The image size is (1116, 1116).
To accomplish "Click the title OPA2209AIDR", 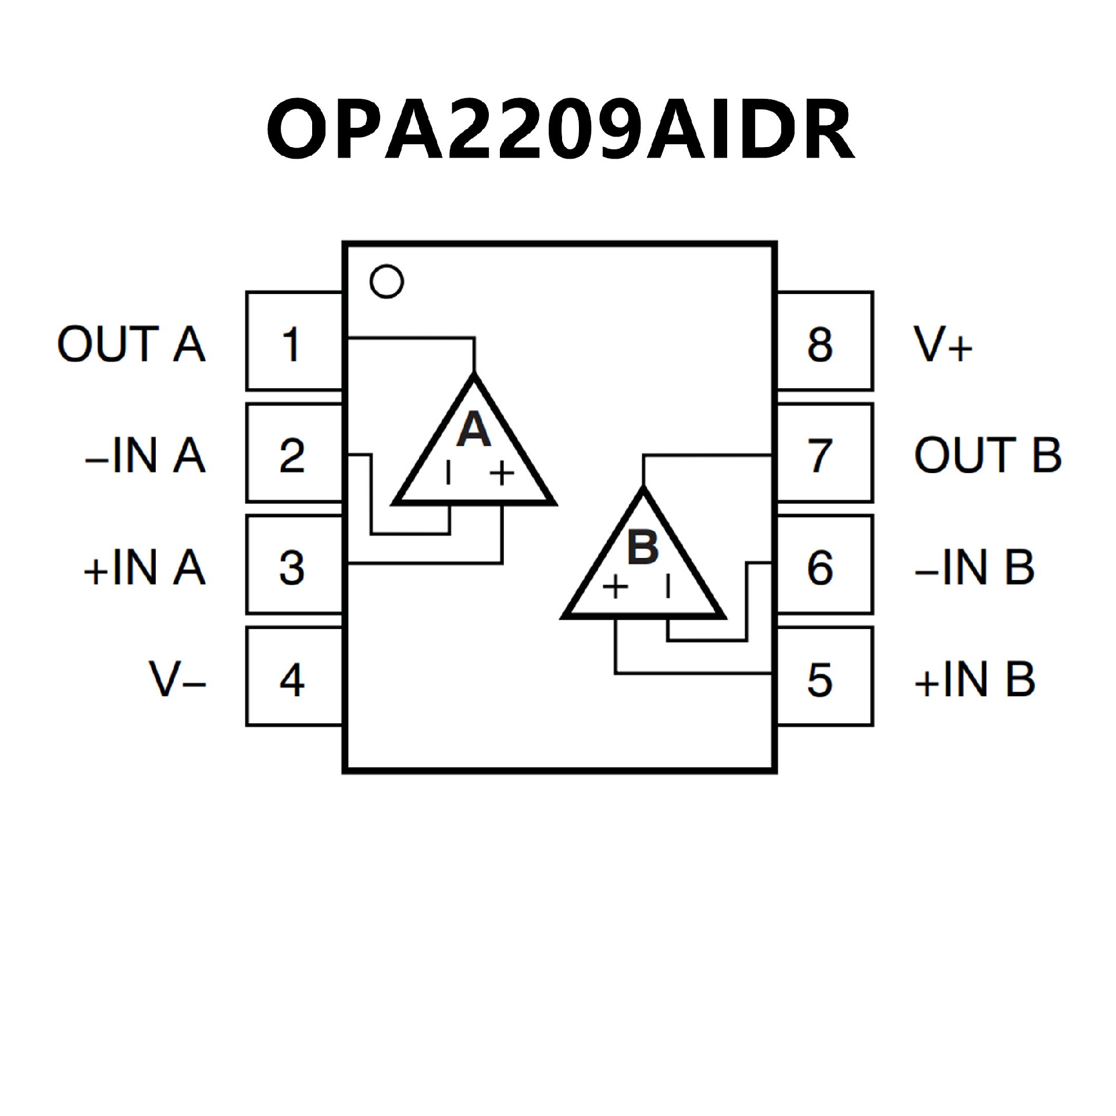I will click(x=560, y=129).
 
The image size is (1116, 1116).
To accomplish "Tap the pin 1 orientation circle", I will click(x=387, y=282).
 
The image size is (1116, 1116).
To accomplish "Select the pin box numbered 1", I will click(x=294, y=342).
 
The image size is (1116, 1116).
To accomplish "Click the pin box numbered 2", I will click(x=294, y=454).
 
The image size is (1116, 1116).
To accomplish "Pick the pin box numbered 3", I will click(x=294, y=566).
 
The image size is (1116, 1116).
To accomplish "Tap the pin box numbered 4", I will click(x=294, y=677).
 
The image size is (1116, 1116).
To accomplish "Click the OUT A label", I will click(x=131, y=344).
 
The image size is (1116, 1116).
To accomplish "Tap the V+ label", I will click(x=942, y=344).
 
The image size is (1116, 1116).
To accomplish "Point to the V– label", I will click(x=177, y=679).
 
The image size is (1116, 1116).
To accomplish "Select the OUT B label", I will click(x=988, y=455).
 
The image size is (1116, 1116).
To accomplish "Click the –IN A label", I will click(x=145, y=455).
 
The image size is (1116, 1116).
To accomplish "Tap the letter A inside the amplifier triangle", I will click(x=474, y=430).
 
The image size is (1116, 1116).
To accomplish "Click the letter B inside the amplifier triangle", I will click(x=643, y=546).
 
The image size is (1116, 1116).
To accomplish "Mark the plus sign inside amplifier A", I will click(x=502, y=473).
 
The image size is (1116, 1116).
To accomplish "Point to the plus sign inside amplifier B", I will click(x=615, y=587).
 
